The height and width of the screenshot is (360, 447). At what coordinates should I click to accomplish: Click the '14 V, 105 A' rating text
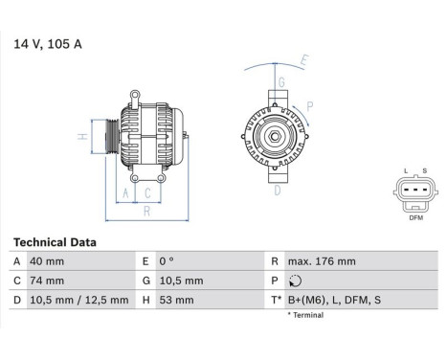46,43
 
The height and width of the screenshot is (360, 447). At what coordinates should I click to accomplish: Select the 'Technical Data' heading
55,243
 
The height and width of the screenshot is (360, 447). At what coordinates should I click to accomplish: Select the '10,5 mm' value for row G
182,281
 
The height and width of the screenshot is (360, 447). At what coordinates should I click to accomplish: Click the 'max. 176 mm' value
322,261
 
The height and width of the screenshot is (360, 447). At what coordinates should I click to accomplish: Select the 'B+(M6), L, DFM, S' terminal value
334,300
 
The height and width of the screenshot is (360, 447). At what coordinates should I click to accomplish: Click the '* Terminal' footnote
305,315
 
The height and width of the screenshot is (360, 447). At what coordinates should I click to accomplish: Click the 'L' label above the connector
405,171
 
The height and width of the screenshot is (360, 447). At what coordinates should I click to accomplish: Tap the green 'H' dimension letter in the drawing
83,136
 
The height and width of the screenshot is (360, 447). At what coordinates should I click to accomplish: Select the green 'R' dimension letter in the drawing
145,212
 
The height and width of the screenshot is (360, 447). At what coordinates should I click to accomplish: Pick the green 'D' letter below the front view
277,191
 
